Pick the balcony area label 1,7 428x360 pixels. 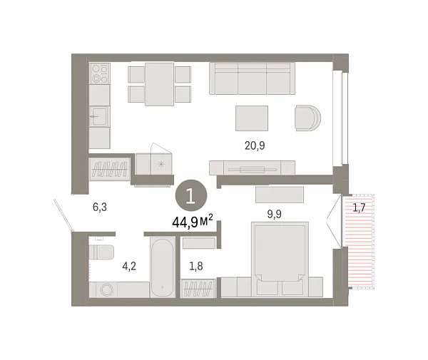[358, 208]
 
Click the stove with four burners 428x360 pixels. [100, 74]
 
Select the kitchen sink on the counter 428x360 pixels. [99, 116]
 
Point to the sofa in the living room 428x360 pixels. [252, 77]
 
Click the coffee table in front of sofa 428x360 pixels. [252, 118]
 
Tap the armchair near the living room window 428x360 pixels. [309, 118]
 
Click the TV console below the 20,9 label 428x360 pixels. [251, 168]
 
